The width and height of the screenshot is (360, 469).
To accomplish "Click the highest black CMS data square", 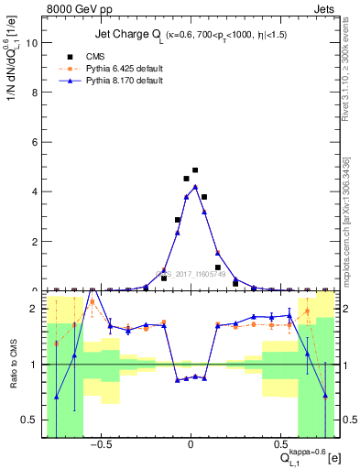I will pyautogui.click(x=195, y=170).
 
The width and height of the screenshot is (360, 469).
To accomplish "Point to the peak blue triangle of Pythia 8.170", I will pyautogui.click(x=195, y=187).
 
